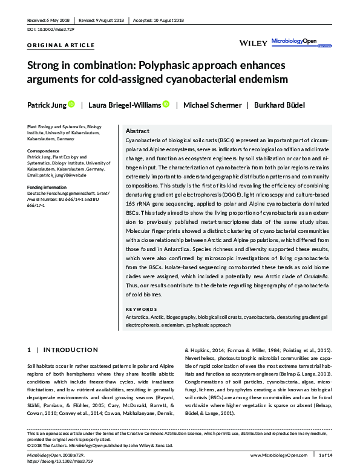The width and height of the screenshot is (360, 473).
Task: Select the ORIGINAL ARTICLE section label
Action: click(61, 45)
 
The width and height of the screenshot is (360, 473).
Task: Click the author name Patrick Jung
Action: click(46, 105)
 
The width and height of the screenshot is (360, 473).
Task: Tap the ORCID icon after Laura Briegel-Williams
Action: click(166, 105)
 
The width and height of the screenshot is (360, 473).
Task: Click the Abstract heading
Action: click(137, 131)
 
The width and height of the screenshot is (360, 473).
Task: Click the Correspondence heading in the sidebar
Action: click(46, 151)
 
